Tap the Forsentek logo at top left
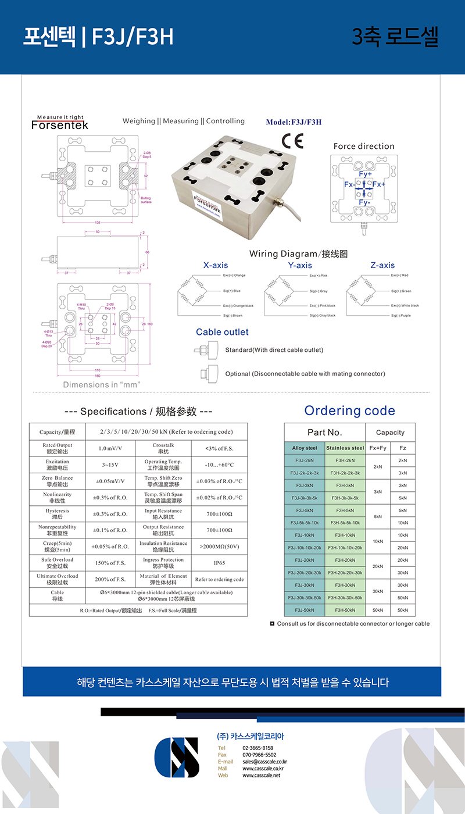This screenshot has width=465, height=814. click(60, 123)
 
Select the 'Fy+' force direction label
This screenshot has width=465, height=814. click(366, 174)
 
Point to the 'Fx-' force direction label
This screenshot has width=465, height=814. click(349, 184)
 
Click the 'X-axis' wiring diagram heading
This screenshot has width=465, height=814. click(216, 265)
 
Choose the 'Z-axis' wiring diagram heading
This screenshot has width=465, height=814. click(382, 265)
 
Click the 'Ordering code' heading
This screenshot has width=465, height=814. click(349, 410)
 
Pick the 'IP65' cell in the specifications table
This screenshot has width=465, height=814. click(219, 563)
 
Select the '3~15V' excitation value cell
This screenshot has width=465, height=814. click(110, 465)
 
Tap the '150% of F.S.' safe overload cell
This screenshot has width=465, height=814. click(110, 563)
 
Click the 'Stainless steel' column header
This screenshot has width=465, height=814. click(345, 448)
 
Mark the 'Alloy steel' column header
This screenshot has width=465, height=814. click(305, 448)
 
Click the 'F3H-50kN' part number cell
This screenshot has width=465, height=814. click(345, 610)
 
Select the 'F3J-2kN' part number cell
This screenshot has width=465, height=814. click(305, 460)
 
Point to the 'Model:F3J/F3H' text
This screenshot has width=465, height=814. click(294, 122)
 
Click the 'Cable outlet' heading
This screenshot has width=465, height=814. click(222, 332)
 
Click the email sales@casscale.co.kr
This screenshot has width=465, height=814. click(264, 762)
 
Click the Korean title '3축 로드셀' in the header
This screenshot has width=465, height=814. click(395, 37)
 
